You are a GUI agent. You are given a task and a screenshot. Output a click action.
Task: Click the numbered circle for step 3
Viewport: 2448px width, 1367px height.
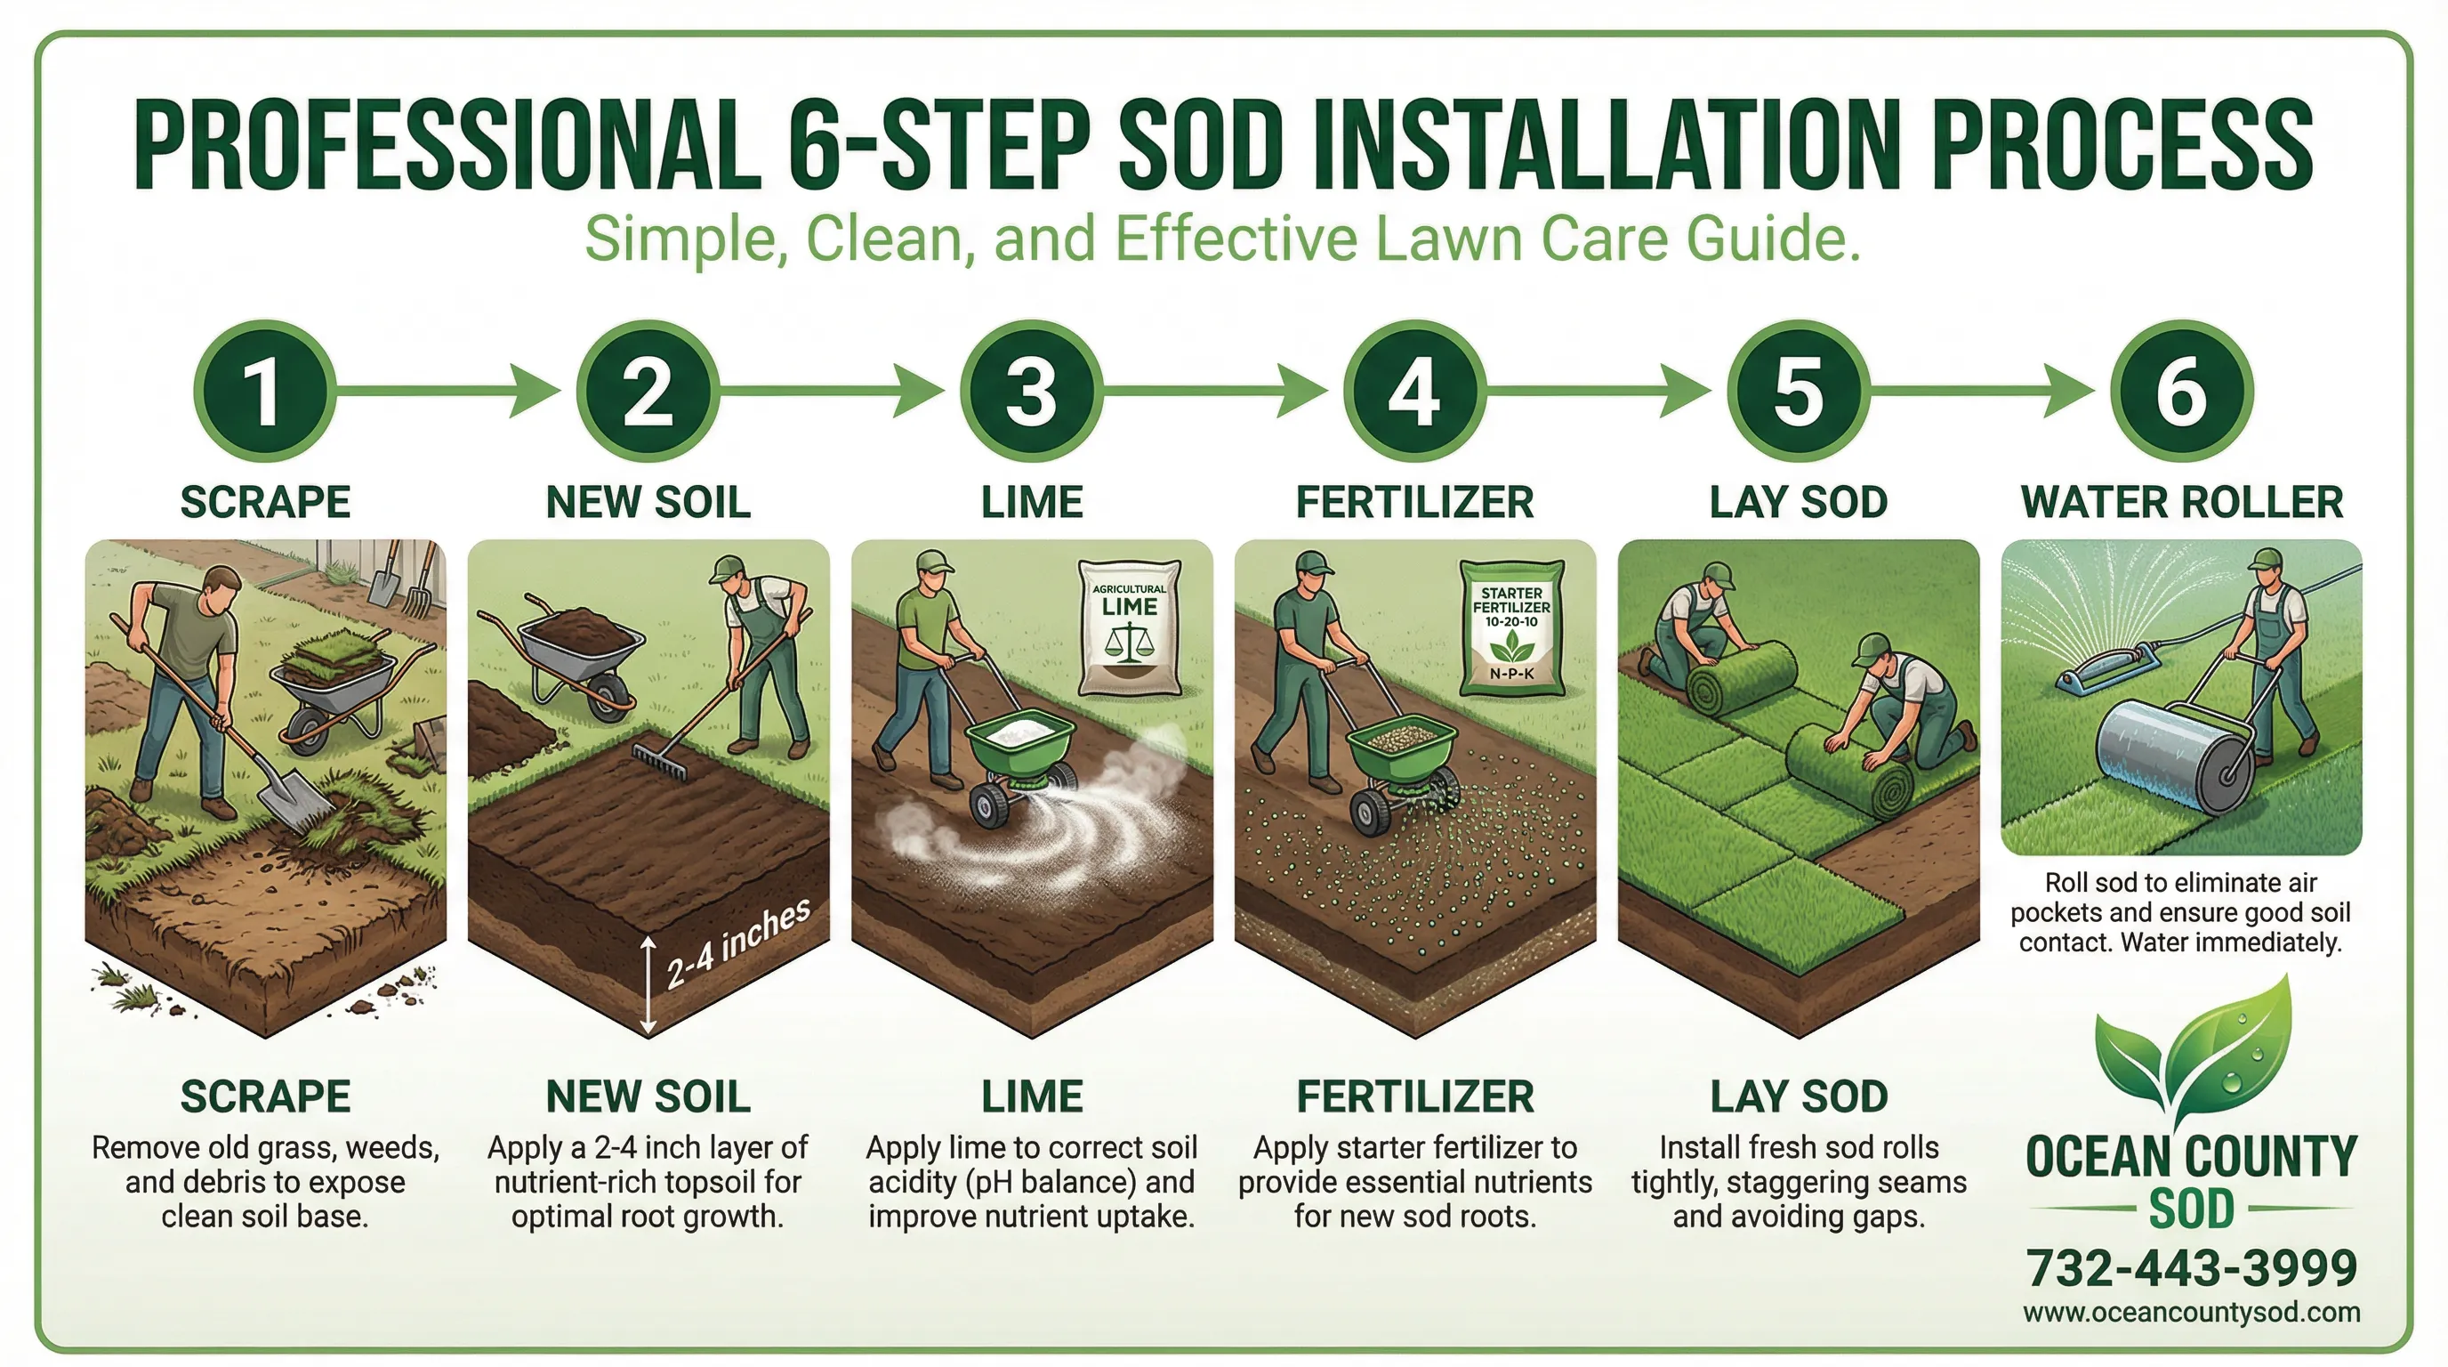tap(1031, 391)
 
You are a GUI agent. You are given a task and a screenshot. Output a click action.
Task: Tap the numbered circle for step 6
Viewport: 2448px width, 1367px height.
tap(2181, 391)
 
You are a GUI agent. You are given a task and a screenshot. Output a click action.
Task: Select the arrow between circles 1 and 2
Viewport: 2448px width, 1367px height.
tap(447, 391)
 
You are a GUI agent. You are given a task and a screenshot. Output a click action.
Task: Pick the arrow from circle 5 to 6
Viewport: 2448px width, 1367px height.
tap(1981, 391)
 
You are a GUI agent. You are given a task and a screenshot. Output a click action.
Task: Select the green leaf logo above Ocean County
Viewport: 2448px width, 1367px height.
tap(2195, 1060)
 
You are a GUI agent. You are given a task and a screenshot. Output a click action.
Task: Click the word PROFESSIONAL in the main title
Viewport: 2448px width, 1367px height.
tap(447, 148)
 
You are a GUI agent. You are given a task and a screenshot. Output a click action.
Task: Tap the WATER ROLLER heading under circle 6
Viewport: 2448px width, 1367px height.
tap(2181, 502)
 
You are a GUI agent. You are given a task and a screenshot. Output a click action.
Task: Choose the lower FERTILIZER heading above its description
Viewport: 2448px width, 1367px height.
tap(1415, 1096)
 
